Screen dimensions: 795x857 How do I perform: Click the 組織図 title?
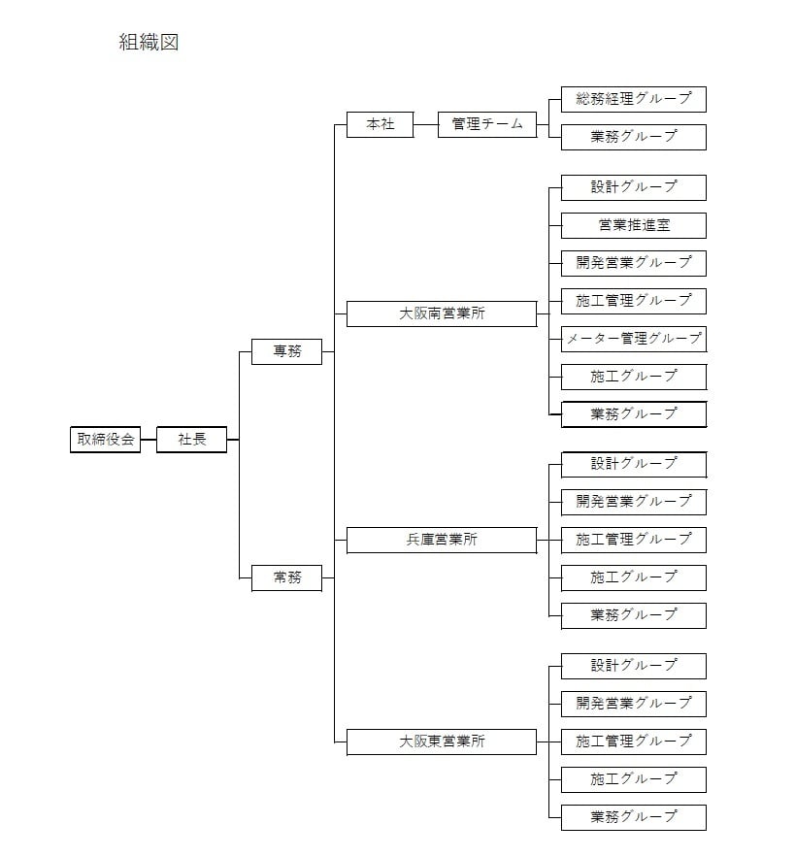coord(149,42)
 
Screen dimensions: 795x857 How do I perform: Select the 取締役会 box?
coord(106,440)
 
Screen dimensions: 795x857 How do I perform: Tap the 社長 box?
coord(192,440)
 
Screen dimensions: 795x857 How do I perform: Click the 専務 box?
coord(287,351)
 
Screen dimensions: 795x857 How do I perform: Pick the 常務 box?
coord(287,577)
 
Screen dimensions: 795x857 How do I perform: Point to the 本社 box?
coord(380,124)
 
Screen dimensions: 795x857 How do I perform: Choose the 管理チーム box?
coord(487,124)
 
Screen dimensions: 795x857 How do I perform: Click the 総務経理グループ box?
coord(634,99)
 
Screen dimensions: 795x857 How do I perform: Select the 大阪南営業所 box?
coord(442,313)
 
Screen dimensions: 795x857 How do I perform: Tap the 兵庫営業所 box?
coord(442,540)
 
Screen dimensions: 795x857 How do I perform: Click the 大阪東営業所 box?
coord(442,742)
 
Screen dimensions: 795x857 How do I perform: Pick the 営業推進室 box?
coord(634,226)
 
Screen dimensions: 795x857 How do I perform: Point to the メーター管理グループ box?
coord(634,339)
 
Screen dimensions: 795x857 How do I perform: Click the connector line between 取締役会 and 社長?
coord(149,440)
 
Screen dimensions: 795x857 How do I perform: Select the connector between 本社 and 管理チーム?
coord(425,124)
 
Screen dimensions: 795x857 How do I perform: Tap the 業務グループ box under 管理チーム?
coord(634,137)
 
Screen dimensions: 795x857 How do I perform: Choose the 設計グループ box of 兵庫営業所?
coord(634,465)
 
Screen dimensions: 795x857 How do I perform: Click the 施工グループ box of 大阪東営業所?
coord(634,779)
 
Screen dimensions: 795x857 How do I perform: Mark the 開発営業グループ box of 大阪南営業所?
coord(634,263)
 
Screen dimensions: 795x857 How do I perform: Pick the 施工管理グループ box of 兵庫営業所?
coord(634,540)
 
